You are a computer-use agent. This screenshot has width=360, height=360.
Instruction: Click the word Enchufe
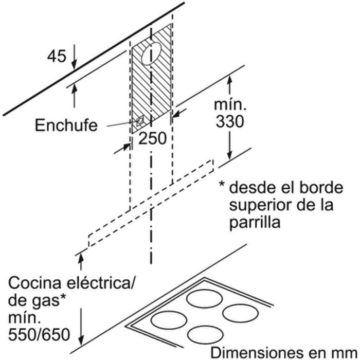66,125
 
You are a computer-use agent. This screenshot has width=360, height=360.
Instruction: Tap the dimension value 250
152,138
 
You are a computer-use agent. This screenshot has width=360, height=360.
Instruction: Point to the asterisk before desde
223,185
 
